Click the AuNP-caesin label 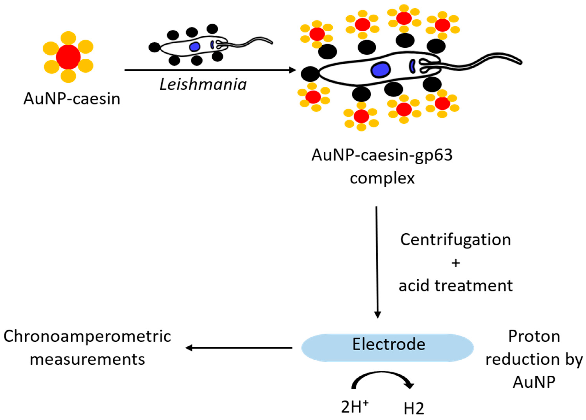[x=72, y=99]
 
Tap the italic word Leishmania [x=203, y=85]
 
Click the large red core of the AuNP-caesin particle [x=68, y=57]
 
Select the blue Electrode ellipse [x=387, y=348]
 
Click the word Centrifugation [x=456, y=240]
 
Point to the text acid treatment [x=456, y=286]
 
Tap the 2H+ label [x=354, y=407]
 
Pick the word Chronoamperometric [x=87, y=336]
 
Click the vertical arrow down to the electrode [x=377, y=261]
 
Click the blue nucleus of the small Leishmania [x=195, y=47]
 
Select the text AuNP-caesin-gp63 [x=382, y=155]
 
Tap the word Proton [x=534, y=336]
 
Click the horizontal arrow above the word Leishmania [x=210, y=70]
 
